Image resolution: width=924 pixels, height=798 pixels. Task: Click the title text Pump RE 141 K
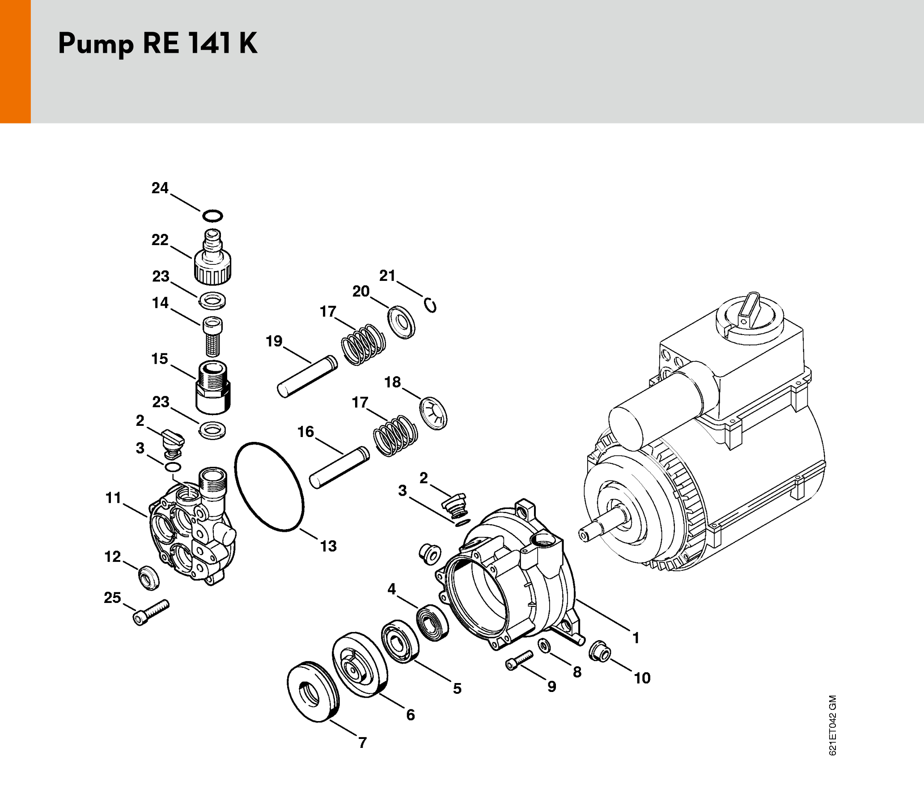[x=157, y=44]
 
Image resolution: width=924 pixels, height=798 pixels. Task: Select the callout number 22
[x=160, y=240]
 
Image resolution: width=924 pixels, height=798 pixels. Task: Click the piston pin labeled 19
[x=307, y=376]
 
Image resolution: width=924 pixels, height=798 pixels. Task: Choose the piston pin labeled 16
[x=339, y=467]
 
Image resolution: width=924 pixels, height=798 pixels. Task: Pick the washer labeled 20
[x=401, y=322]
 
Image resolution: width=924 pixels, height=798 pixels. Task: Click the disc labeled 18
[x=433, y=413]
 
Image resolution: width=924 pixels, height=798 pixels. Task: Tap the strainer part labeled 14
[x=212, y=337]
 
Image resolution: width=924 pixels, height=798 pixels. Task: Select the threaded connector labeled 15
[x=213, y=388]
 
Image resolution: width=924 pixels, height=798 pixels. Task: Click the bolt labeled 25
[x=151, y=612]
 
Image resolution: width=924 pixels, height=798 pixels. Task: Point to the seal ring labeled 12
[x=148, y=577]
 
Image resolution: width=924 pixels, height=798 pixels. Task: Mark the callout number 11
[x=113, y=498]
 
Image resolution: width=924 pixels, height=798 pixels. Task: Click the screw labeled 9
[x=519, y=660]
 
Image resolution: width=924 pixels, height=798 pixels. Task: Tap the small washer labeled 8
[x=544, y=645]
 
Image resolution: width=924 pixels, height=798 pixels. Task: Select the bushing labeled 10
[x=599, y=651]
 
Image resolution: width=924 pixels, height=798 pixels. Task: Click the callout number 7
[x=363, y=743]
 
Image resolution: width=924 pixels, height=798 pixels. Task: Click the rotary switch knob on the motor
[x=750, y=310]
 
